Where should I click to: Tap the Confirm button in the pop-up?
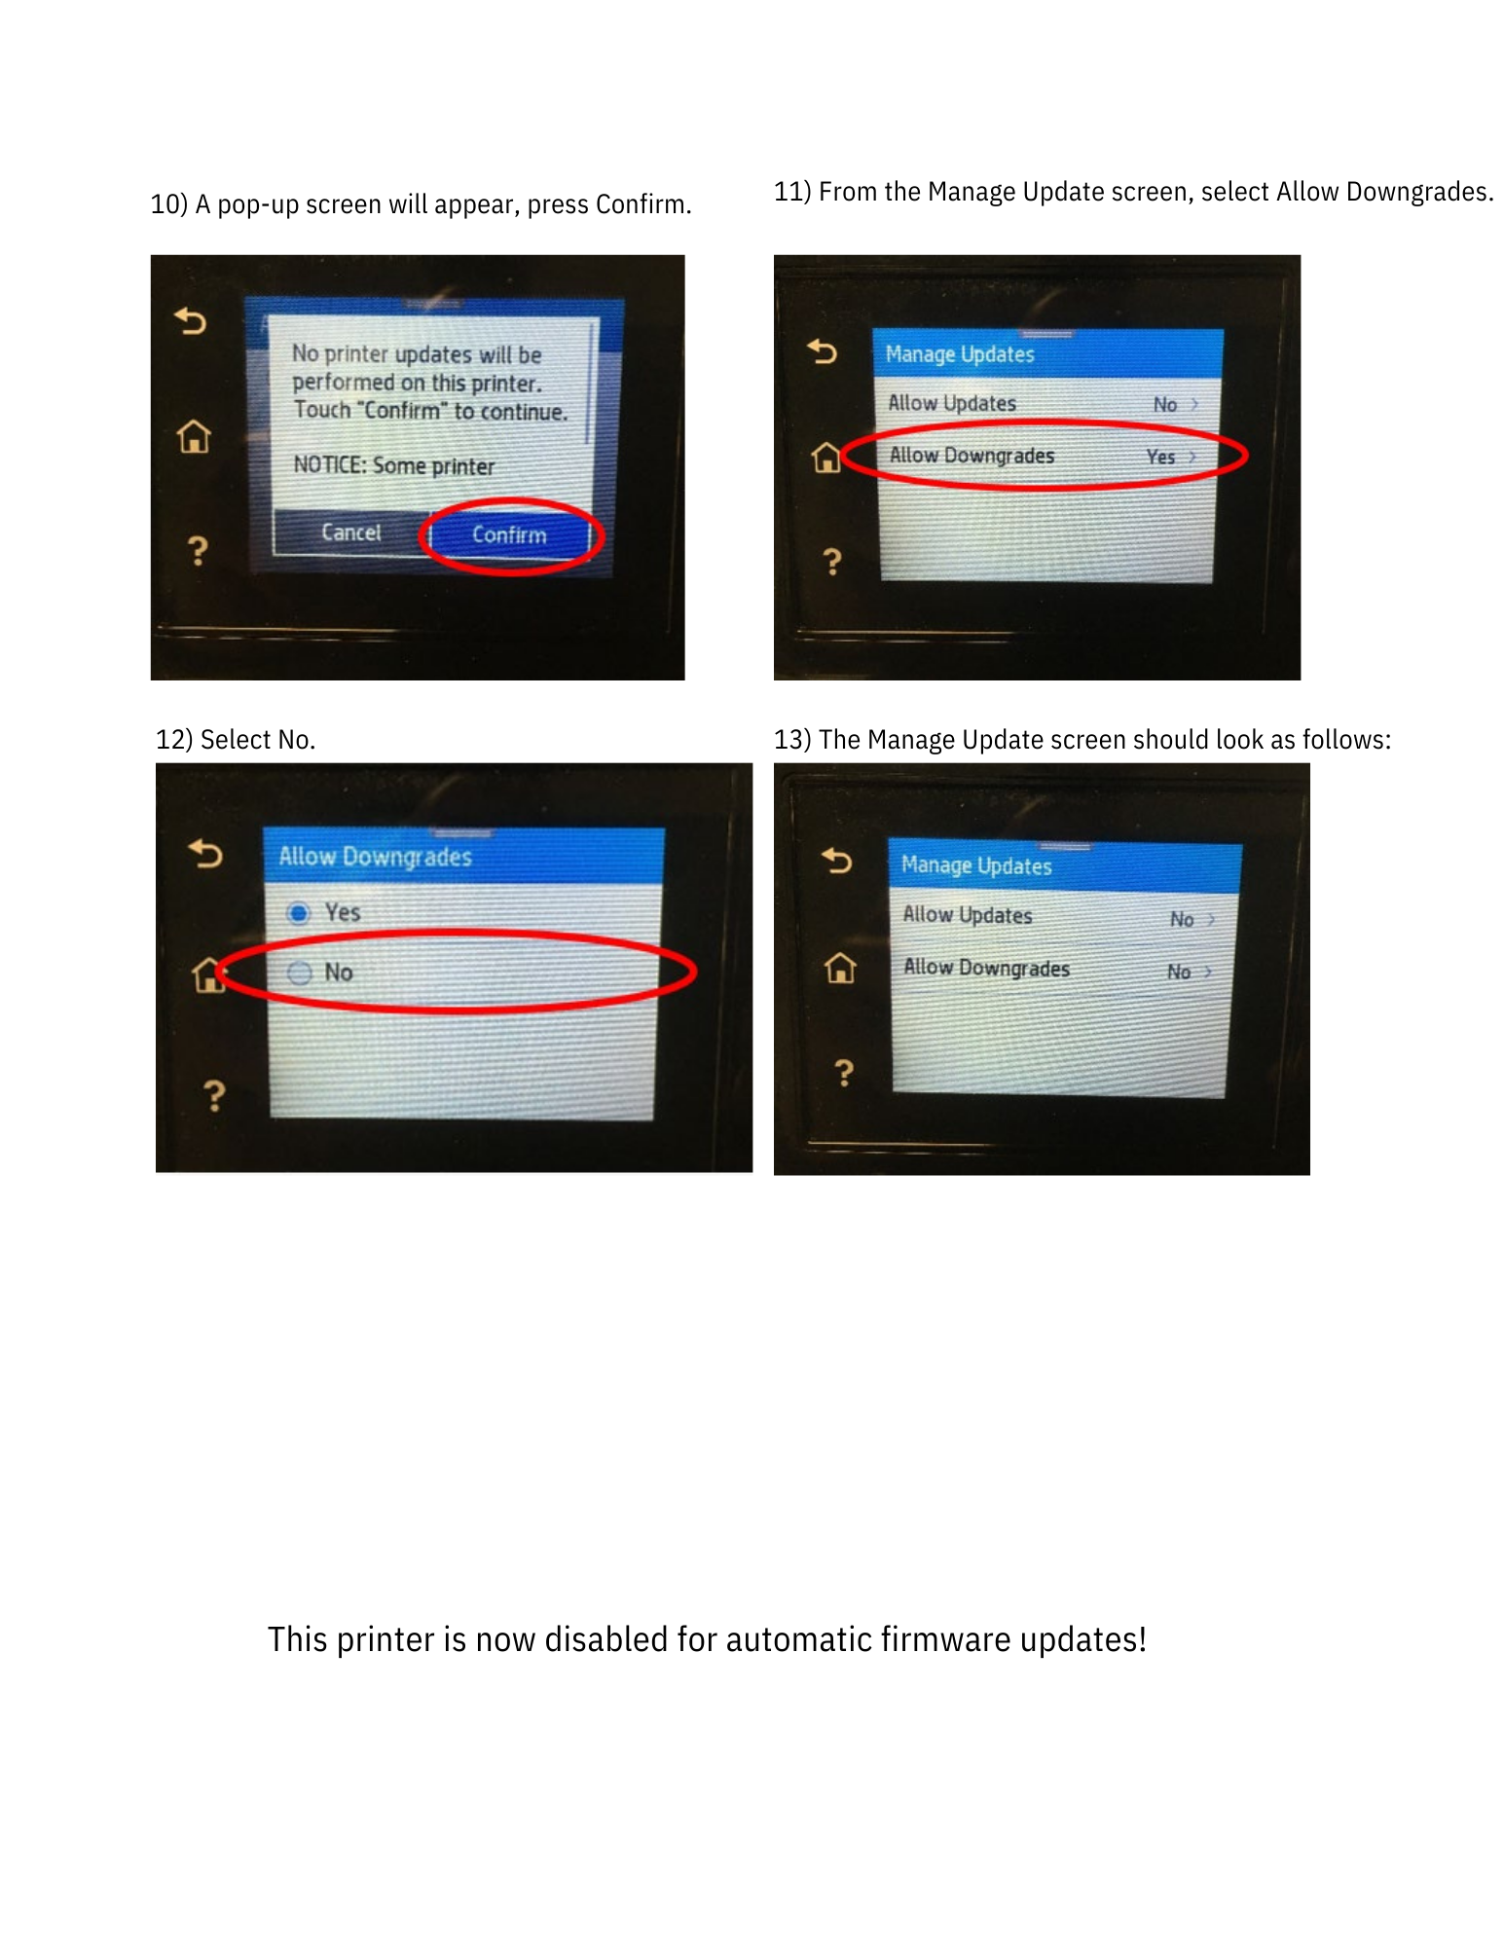pos(509,534)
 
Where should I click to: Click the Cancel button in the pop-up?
pos(351,533)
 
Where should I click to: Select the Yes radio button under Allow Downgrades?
pos(299,912)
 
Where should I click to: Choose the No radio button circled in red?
pos(300,973)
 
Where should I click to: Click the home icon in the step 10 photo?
pos(195,436)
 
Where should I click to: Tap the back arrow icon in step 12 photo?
pos(205,854)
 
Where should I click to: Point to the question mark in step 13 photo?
pos(844,1073)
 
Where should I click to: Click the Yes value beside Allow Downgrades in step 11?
pos(1160,457)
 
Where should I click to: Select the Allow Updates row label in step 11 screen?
pos(952,403)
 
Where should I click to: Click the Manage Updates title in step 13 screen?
pos(976,865)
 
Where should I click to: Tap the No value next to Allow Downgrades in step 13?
pos(1179,972)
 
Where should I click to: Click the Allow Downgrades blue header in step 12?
pos(376,857)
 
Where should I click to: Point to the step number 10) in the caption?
pos(168,205)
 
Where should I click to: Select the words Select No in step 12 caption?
pos(257,740)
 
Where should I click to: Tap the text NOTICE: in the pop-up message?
pos(329,465)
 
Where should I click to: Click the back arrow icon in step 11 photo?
pos(823,350)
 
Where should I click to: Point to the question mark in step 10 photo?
pos(198,551)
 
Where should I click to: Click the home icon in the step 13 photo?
pos(840,968)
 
